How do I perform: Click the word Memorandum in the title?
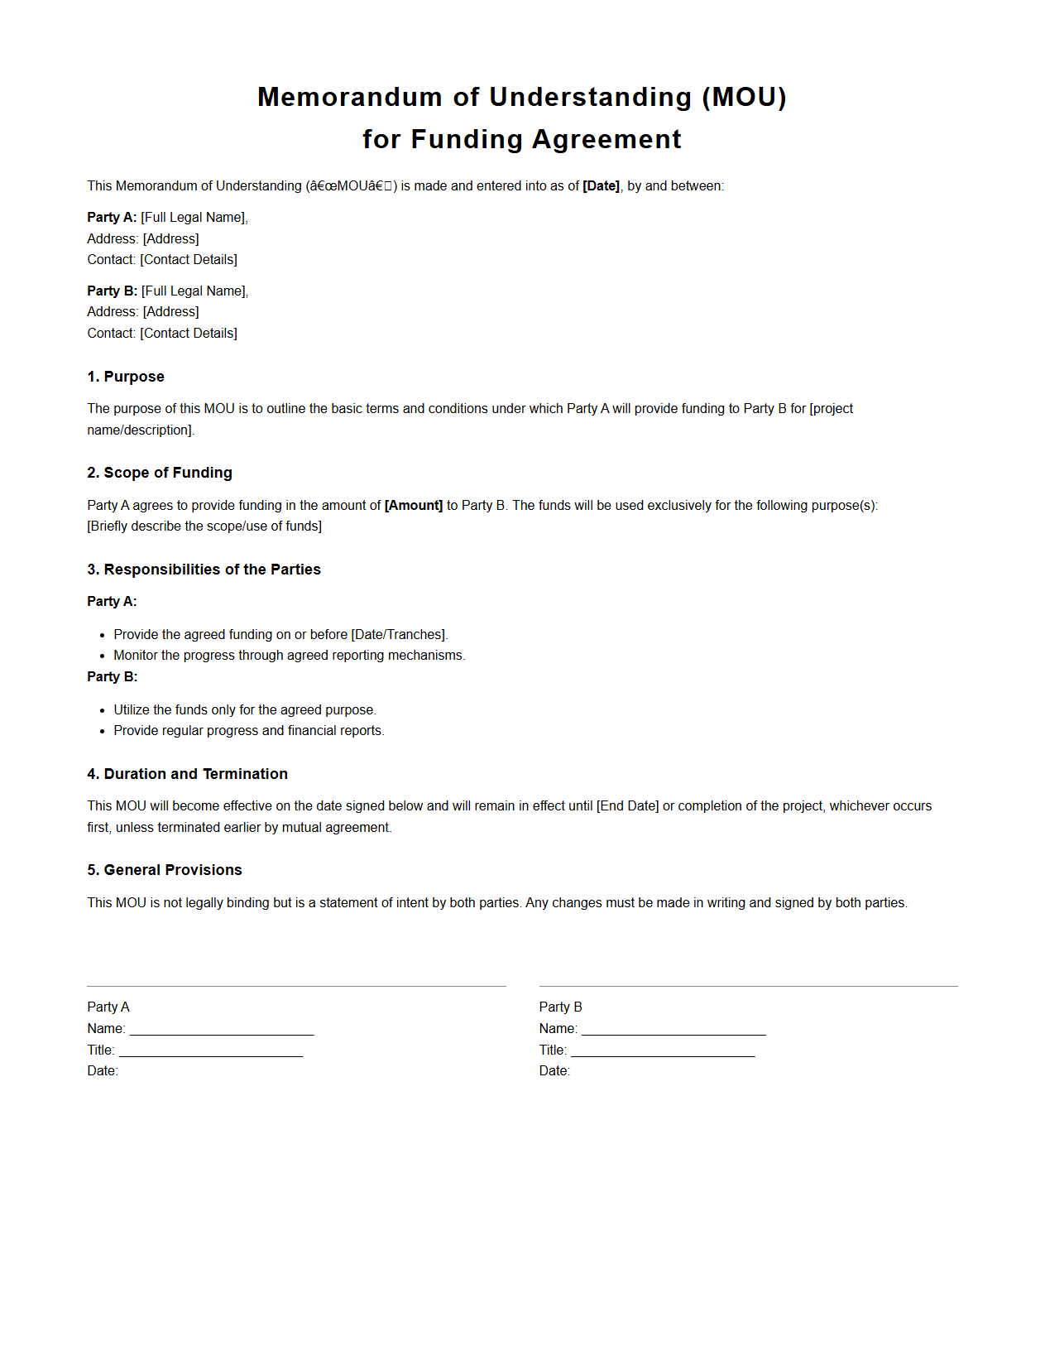pyautogui.click(x=349, y=98)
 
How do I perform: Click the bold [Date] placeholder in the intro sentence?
pyautogui.click(x=601, y=186)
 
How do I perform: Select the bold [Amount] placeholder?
pyautogui.click(x=414, y=506)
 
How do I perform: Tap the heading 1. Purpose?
pyautogui.click(x=126, y=377)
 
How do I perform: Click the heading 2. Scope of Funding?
pyautogui.click(x=160, y=474)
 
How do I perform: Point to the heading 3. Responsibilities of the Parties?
pyautogui.click(x=204, y=570)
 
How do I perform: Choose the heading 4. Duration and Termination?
pyautogui.click(x=187, y=775)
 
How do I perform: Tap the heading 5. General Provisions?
pyautogui.click(x=165, y=871)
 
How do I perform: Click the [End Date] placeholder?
pyautogui.click(x=627, y=806)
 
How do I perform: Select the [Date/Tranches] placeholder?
pyautogui.click(x=398, y=635)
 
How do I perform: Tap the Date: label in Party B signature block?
pyautogui.click(x=554, y=1071)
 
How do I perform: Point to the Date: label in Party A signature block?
pyautogui.click(x=103, y=1071)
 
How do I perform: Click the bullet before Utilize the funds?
pyautogui.click(x=103, y=710)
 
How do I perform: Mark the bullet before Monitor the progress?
pyautogui.click(x=103, y=656)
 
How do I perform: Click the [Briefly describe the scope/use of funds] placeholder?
pyautogui.click(x=204, y=526)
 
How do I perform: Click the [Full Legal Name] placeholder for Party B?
pyautogui.click(x=194, y=291)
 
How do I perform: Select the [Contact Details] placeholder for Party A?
pyautogui.click(x=189, y=260)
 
